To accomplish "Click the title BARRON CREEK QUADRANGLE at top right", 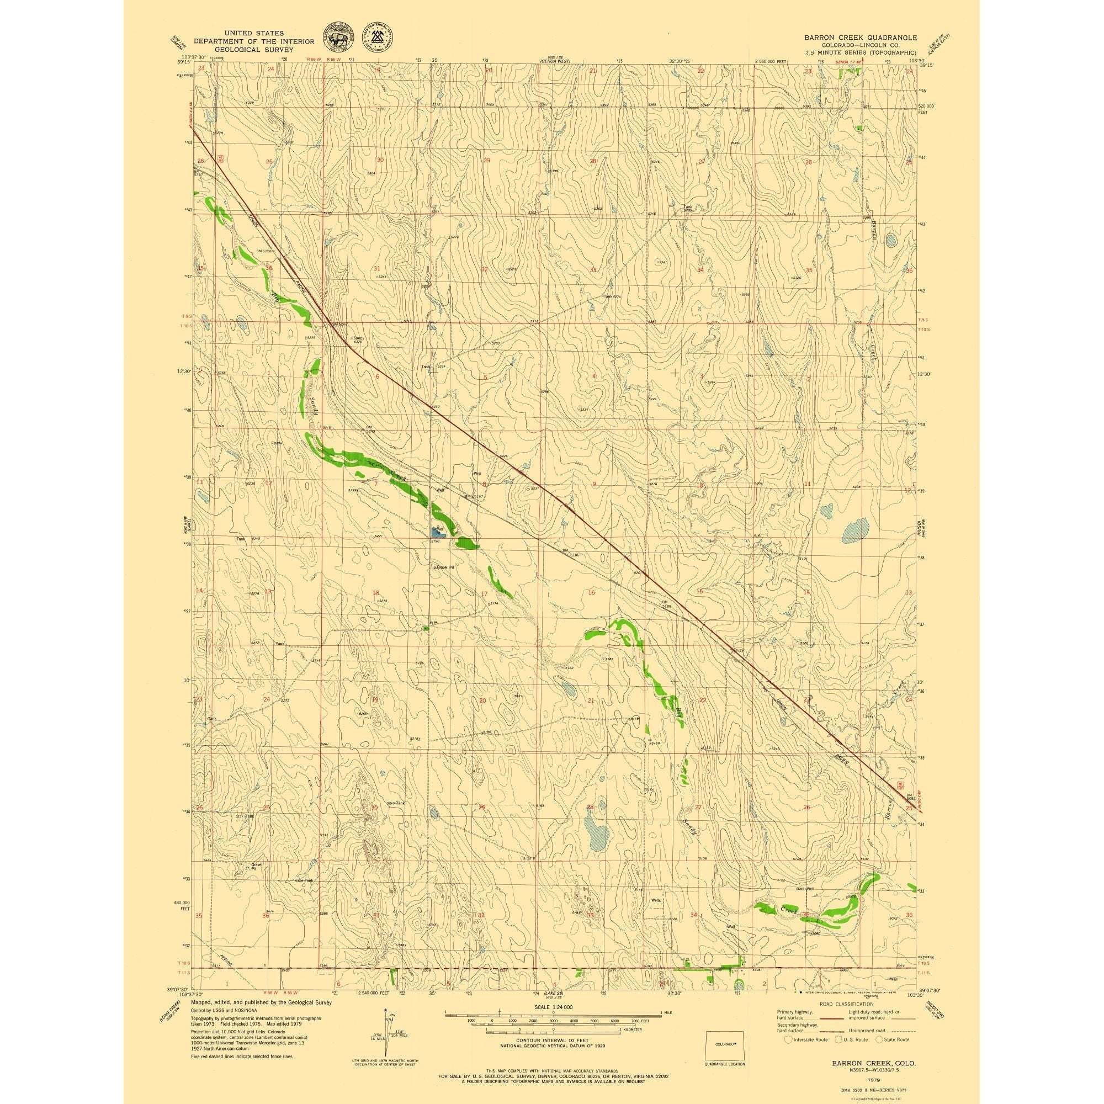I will tap(861, 37).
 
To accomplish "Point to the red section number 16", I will tap(591, 592).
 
